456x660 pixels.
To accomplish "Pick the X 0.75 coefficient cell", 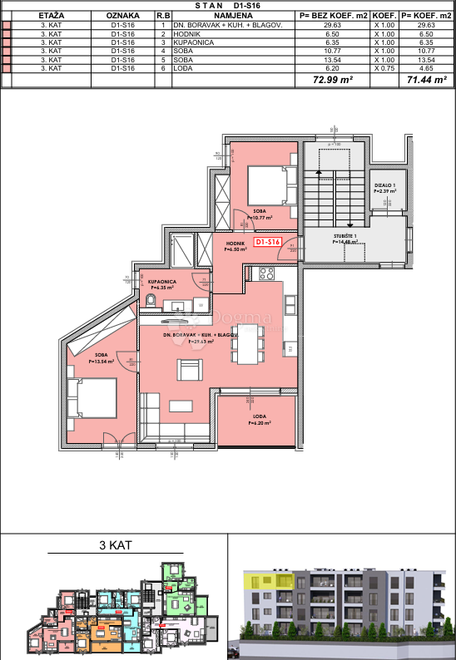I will pos(384,69).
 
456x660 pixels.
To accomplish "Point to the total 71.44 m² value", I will pos(425,81).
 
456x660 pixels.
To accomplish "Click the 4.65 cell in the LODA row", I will pos(425,69).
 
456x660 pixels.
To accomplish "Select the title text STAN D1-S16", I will pos(228,5).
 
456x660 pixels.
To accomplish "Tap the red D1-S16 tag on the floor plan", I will pos(268,242).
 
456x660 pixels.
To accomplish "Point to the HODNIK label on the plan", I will pos(235,243).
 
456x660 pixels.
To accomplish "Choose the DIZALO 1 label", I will pos(384,185).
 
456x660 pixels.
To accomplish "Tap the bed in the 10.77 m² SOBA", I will pos(268,185).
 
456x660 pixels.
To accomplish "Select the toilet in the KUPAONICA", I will pos(151,304).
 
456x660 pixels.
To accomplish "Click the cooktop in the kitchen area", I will pos(267,273).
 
